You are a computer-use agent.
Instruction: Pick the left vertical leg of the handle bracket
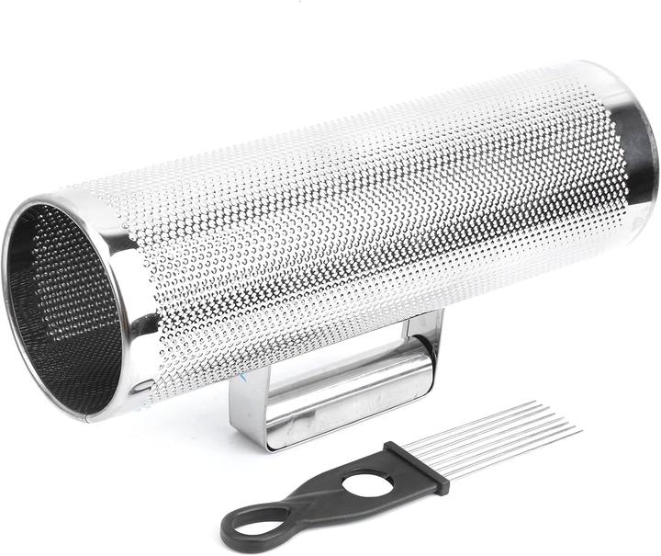click(246, 404)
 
